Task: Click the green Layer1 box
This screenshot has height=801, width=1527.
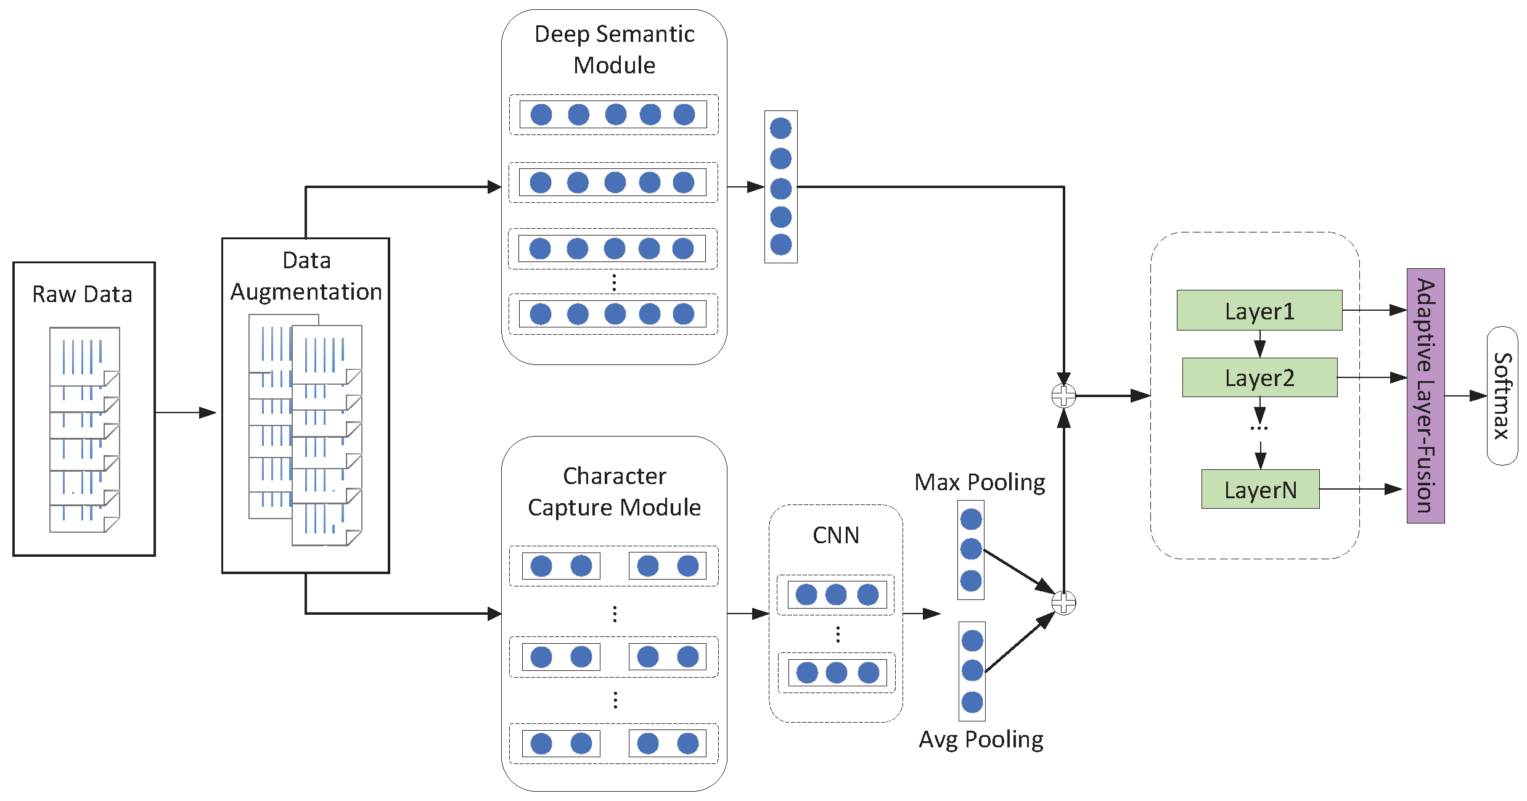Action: click(x=1259, y=310)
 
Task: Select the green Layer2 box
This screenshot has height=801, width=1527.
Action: click(x=1259, y=377)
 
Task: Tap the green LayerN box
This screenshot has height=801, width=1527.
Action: click(x=1260, y=490)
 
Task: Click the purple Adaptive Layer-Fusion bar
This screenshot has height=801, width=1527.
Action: click(x=1425, y=396)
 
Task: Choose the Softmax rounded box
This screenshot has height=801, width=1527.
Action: click(x=1502, y=396)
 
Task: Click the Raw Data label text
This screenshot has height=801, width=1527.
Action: click(x=82, y=295)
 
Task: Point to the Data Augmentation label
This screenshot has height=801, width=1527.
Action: click(x=306, y=276)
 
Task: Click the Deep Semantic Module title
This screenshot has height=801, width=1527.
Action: click(x=614, y=49)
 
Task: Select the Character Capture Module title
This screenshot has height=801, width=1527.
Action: click(x=614, y=491)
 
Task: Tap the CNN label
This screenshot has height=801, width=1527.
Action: click(x=835, y=535)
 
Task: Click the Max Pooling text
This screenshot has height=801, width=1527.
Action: click(x=979, y=482)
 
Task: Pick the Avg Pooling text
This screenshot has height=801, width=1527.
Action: click(x=980, y=739)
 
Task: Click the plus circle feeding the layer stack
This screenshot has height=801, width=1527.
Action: click(x=1063, y=396)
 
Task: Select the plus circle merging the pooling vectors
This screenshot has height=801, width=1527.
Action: click(x=1063, y=602)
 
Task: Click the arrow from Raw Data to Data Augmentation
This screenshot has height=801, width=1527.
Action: click(x=185, y=413)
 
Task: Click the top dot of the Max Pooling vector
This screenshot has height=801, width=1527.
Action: click(x=970, y=519)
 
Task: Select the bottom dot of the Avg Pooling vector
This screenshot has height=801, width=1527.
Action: click(x=972, y=702)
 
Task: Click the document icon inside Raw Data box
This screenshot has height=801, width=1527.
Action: click(x=84, y=429)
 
